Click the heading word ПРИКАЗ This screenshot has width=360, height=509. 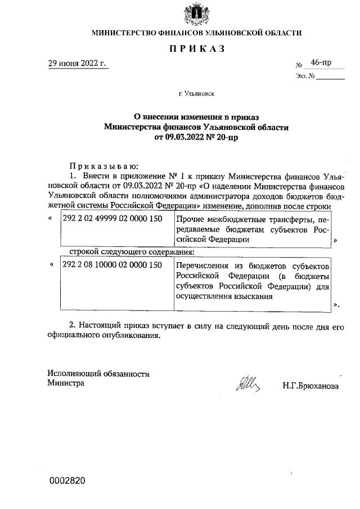click(x=197, y=49)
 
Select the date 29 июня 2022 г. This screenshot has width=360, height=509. click(x=76, y=64)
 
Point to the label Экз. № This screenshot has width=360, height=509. click(x=304, y=76)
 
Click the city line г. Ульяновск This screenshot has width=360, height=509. click(x=196, y=95)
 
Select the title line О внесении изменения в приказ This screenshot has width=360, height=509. click(x=196, y=117)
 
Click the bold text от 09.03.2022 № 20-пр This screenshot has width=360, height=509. click(x=196, y=137)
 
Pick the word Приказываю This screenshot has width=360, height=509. click(x=100, y=166)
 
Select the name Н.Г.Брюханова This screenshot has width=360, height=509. click(x=310, y=387)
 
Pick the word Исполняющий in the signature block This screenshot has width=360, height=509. click(x=73, y=373)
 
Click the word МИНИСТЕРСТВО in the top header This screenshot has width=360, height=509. click(x=124, y=33)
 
